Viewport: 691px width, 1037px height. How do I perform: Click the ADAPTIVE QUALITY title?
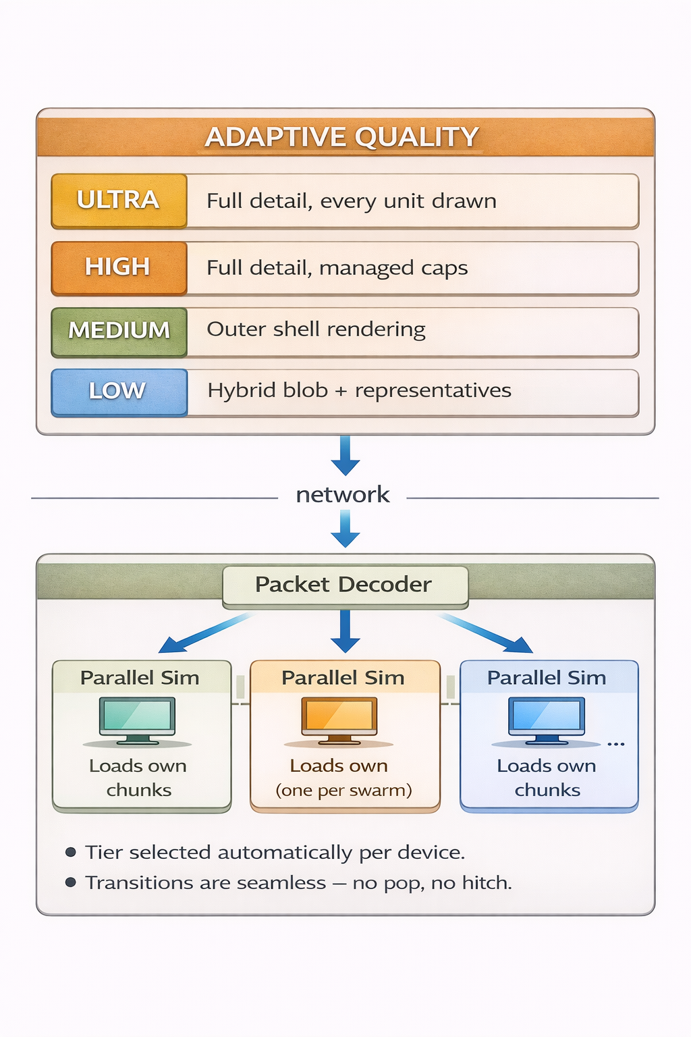[x=342, y=137]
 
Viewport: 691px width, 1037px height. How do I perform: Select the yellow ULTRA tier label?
[x=119, y=201]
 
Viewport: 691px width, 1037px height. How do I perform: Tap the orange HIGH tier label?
[x=119, y=267]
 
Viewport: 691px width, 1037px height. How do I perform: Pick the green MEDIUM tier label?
[x=119, y=331]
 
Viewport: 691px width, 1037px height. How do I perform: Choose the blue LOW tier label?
[x=119, y=391]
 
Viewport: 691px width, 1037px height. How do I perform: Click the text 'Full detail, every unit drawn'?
[x=352, y=201]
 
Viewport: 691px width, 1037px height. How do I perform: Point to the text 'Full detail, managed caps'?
[x=337, y=268]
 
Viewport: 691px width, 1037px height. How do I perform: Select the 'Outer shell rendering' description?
[x=316, y=329]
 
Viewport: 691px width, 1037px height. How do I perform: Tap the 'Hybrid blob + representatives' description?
[x=359, y=391]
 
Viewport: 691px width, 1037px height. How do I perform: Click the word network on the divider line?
[x=343, y=495]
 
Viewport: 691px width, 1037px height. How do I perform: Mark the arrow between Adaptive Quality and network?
[x=345, y=456]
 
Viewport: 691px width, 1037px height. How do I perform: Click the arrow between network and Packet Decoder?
[x=345, y=529]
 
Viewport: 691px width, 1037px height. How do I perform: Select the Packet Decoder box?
[x=344, y=585]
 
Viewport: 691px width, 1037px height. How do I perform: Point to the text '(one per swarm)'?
[x=343, y=791]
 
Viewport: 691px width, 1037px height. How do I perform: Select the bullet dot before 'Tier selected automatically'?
[x=70, y=852]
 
